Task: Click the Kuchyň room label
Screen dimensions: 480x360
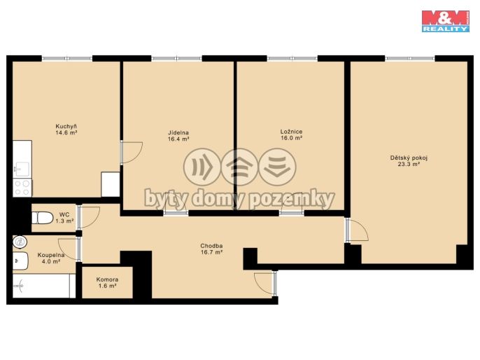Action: click(x=66, y=126)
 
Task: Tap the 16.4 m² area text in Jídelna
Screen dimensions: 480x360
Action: click(x=178, y=139)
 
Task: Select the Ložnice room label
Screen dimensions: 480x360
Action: click(x=291, y=132)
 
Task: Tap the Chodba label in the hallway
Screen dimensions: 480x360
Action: click(x=211, y=246)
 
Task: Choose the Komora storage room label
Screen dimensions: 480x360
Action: click(x=107, y=279)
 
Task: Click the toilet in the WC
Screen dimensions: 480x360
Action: click(x=42, y=218)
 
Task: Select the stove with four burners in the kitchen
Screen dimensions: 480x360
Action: click(x=22, y=188)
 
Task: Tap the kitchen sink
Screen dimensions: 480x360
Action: click(x=22, y=169)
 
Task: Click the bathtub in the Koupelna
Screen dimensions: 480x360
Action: click(x=44, y=286)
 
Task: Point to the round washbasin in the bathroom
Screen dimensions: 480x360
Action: click(x=20, y=242)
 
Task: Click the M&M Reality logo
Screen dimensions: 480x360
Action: click(x=446, y=21)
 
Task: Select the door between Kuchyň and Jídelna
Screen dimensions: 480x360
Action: click(x=132, y=152)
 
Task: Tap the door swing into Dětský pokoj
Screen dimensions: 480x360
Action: click(x=357, y=229)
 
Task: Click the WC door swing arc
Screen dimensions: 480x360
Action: click(x=89, y=217)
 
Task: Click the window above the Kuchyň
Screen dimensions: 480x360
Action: click(x=66, y=58)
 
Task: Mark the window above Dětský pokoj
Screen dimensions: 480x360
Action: click(x=410, y=58)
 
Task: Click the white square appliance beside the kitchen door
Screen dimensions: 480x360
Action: click(x=111, y=184)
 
